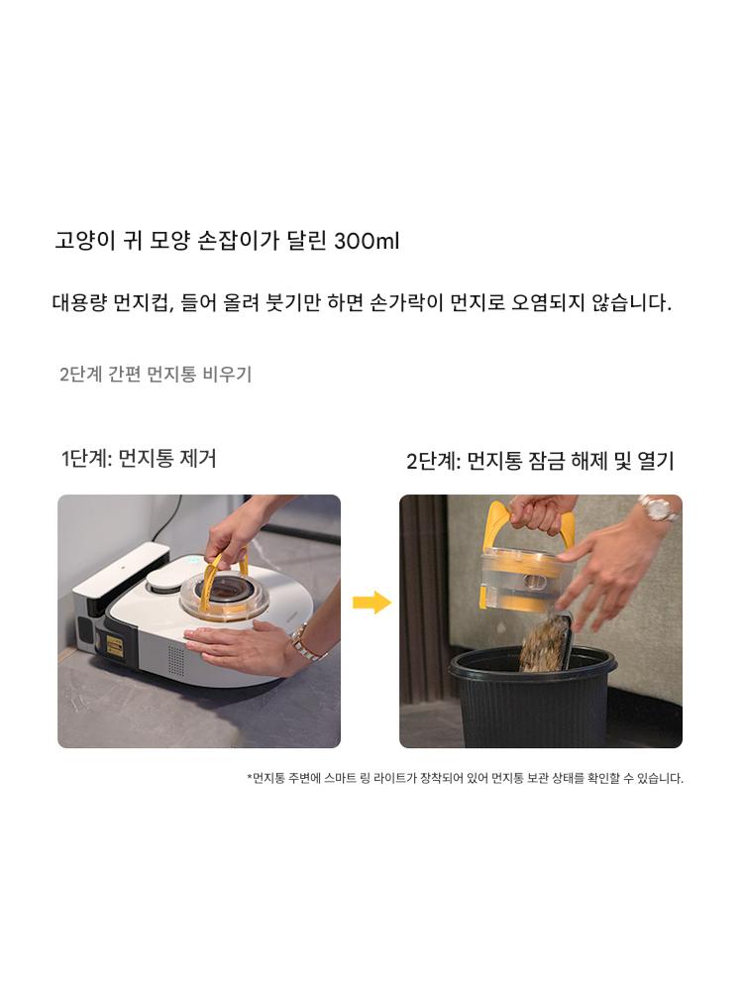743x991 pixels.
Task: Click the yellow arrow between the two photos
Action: point(371,603)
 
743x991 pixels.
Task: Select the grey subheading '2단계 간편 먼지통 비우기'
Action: point(156,375)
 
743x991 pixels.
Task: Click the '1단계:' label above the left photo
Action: point(86,458)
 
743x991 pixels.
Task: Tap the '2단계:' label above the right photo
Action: point(433,461)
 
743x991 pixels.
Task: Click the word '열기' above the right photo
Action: point(656,461)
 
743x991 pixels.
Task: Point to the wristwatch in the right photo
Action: point(656,507)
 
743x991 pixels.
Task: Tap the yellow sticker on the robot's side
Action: point(114,646)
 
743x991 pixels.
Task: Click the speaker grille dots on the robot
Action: point(175,659)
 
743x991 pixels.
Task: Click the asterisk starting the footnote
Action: point(250,777)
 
